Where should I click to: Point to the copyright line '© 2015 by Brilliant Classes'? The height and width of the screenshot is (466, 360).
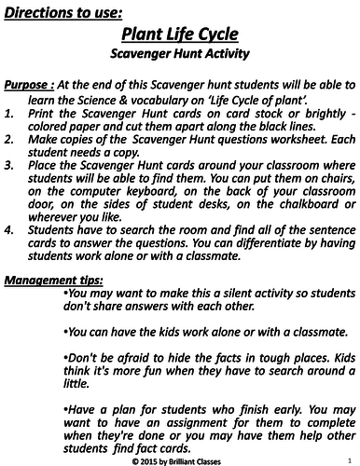[180, 459]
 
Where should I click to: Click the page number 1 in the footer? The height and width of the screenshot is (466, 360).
[347, 458]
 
